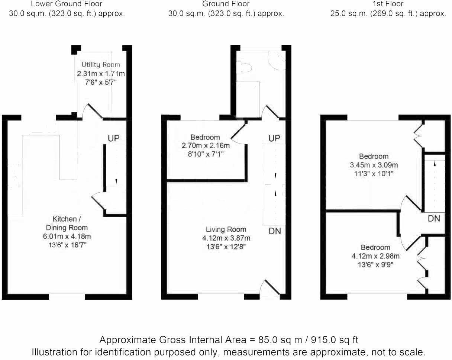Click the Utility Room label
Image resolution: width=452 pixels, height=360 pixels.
(x=101, y=65)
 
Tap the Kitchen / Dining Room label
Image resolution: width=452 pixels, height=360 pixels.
(x=67, y=223)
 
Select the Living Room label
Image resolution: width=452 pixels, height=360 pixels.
(x=226, y=229)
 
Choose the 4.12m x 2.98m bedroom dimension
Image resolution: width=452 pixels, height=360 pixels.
(x=375, y=256)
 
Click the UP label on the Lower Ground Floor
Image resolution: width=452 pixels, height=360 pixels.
(x=114, y=138)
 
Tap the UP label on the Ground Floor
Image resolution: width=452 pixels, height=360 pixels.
(x=274, y=138)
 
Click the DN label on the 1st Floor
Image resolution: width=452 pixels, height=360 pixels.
(x=433, y=219)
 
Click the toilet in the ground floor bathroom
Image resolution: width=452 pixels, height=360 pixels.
(x=245, y=67)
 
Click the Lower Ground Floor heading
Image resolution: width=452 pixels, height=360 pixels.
(x=67, y=4)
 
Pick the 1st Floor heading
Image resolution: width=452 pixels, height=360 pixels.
(x=388, y=4)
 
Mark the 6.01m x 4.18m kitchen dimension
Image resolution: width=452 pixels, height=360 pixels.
(x=67, y=236)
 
